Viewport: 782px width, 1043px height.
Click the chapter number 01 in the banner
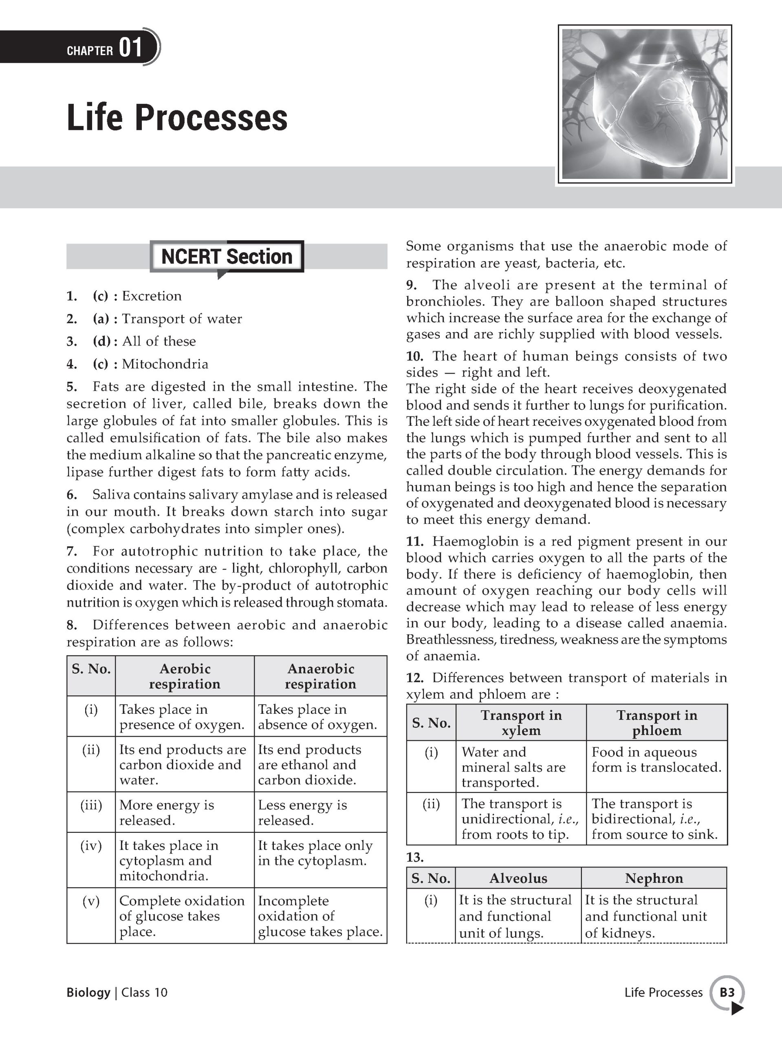(131, 48)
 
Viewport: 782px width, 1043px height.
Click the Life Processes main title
(177, 118)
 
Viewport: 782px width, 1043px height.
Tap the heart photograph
(645, 104)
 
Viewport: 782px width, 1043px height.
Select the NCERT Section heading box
(227, 257)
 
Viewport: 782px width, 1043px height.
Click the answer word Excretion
(152, 296)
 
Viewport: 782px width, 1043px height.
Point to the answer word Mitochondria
(165, 364)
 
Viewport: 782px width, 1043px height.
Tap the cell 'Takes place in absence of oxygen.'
(317, 717)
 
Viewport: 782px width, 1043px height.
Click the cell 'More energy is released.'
(167, 812)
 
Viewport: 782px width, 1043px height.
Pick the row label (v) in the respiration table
(90, 901)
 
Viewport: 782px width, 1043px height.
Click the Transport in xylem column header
(521, 723)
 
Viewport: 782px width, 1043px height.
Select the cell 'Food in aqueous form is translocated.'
(656, 759)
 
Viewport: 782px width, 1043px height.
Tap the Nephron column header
(654, 878)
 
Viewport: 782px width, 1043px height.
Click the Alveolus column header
(518, 878)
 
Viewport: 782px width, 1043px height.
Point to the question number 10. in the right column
(415, 356)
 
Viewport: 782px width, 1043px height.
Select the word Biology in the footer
(88, 992)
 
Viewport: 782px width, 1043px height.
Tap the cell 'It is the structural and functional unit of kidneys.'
(646, 916)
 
